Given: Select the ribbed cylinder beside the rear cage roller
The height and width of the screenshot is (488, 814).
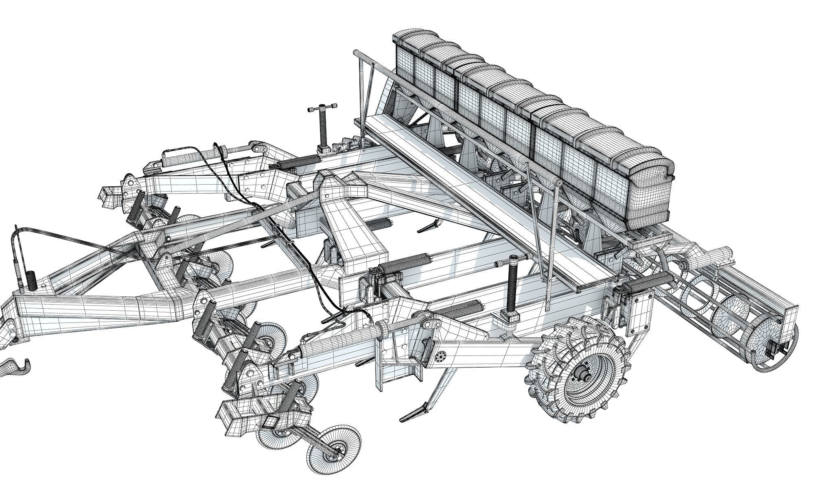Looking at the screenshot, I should tap(651, 281).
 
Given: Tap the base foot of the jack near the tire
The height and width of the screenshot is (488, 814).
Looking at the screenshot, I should tap(512, 315).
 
